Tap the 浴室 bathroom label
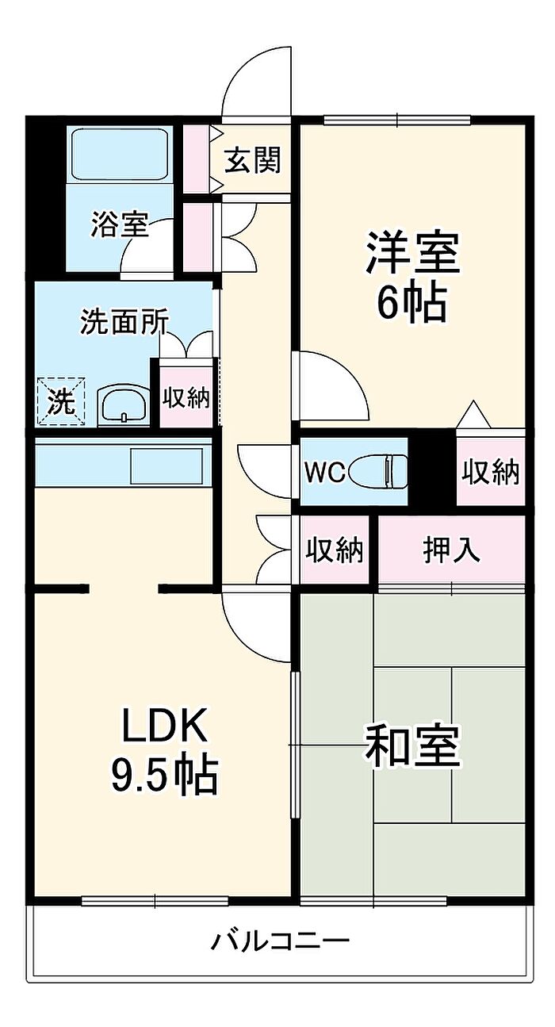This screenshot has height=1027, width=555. pyautogui.click(x=119, y=224)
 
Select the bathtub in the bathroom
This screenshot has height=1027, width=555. pyautogui.click(x=120, y=155)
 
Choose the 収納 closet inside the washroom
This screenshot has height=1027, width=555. pyautogui.click(x=186, y=397)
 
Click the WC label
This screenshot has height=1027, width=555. pyautogui.click(x=324, y=473)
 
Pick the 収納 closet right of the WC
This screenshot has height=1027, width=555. pyautogui.click(x=492, y=472)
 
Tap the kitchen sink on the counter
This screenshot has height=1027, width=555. pyautogui.click(x=166, y=465)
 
